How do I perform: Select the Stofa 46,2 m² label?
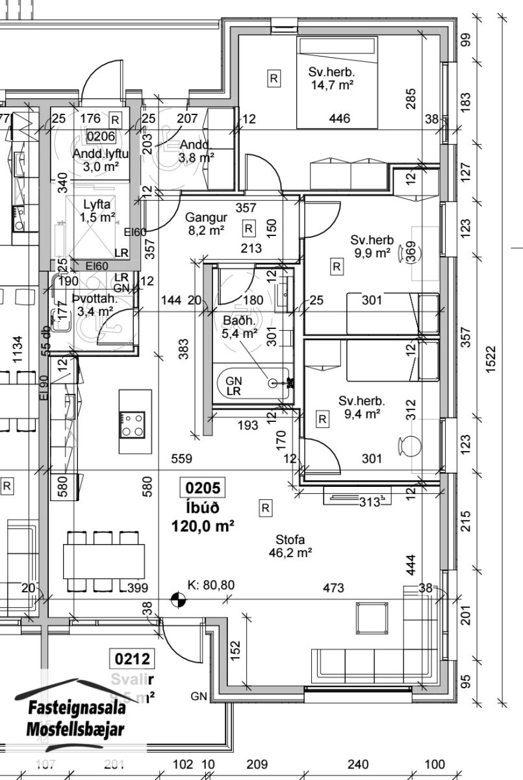point(290,546)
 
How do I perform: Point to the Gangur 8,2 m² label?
point(205,223)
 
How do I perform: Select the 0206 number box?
point(100,136)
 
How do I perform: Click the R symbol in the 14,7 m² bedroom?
point(274,78)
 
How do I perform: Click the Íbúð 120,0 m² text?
point(203,517)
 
